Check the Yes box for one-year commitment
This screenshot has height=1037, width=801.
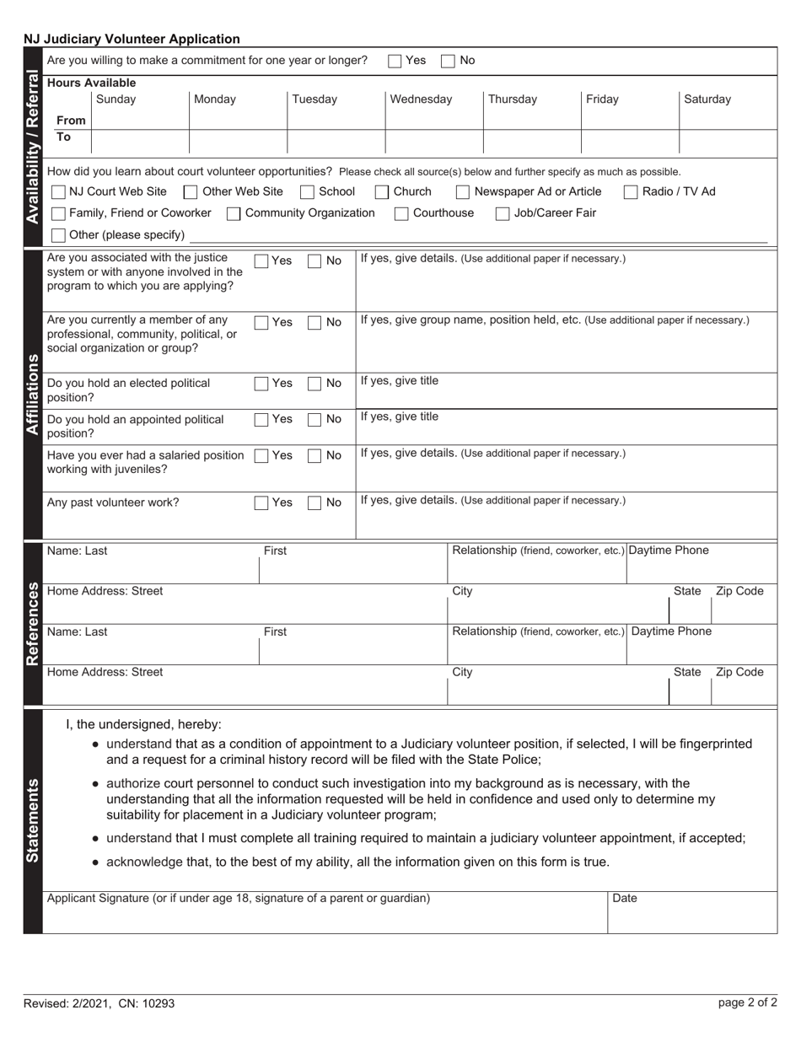pos(395,61)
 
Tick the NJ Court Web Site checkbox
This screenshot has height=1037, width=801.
pos(59,192)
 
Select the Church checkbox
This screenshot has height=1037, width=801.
pos(383,192)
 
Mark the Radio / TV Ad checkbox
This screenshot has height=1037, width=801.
pos(631,192)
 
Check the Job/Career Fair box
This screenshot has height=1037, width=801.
pos(503,213)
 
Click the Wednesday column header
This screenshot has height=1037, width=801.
pos(421,99)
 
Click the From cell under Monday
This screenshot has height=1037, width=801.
pos(238,121)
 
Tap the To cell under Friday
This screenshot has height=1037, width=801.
pos(629,141)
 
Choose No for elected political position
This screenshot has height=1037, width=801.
pos(314,384)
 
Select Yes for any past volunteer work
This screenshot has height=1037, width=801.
pos(262,503)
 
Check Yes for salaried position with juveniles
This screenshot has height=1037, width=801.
pos(262,456)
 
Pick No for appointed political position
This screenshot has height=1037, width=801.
pos(314,420)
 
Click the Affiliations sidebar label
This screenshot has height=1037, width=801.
pos(33,393)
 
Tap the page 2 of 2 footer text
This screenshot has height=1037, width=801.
pos(747,1003)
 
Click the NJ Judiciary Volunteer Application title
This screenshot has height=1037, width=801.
pos(132,39)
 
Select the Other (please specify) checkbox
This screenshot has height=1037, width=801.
pos(59,235)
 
